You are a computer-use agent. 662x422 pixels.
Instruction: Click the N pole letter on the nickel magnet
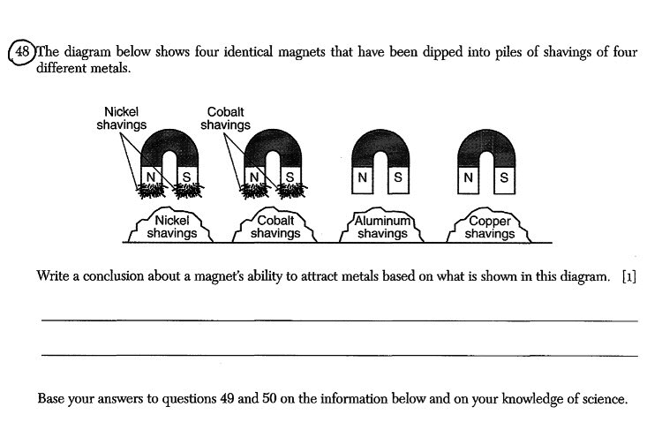(x=151, y=177)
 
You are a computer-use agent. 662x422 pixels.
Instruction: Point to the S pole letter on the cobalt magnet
(x=290, y=177)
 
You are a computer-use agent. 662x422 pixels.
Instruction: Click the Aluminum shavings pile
(x=382, y=225)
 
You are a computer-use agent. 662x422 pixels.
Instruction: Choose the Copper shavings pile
(x=489, y=225)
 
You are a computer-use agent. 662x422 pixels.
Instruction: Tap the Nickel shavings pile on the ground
(x=171, y=225)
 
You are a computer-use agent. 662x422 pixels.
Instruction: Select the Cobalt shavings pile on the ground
(x=275, y=225)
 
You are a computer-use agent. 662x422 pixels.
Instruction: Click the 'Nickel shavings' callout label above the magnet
(x=122, y=118)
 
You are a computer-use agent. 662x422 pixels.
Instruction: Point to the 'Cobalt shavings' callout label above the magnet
(x=225, y=118)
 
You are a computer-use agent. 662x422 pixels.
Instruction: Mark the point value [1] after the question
(x=629, y=276)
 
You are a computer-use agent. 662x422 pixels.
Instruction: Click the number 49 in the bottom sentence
(x=227, y=398)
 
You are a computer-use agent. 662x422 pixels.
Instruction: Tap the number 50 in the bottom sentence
(x=269, y=398)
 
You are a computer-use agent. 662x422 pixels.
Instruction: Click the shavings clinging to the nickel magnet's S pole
(x=188, y=191)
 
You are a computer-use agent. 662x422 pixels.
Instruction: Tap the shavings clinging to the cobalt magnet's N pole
(x=254, y=191)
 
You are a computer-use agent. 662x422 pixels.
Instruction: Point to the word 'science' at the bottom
(x=605, y=399)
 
